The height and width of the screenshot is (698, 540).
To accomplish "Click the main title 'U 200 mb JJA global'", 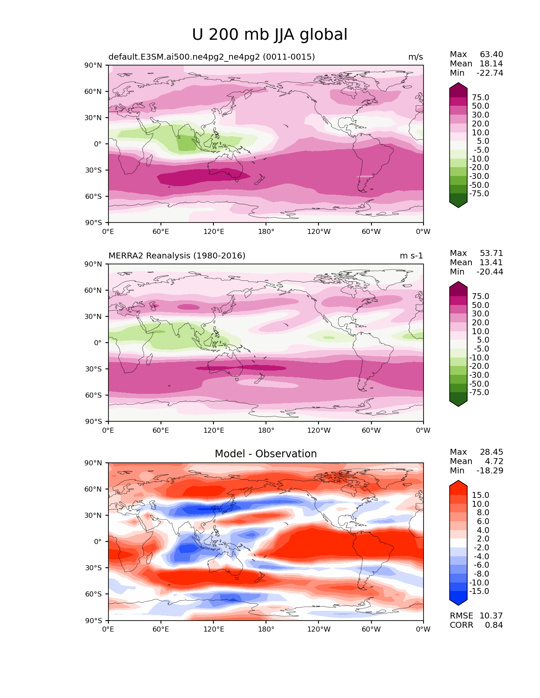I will coord(269,35).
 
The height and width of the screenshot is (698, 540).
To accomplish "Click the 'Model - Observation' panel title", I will coord(266,454).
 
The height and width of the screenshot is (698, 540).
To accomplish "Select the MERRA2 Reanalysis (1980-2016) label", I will coord(177,256).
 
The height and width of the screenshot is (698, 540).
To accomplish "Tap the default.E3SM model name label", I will coord(211,57).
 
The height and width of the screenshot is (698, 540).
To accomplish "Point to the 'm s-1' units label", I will coord(411,256).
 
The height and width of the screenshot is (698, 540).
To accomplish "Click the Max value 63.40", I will coord(491,55).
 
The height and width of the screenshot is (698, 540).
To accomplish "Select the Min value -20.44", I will coord(490,272).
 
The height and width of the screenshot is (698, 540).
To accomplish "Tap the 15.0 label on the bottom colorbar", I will coord(480,495).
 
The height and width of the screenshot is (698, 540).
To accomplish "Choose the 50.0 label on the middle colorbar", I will coord(480,305).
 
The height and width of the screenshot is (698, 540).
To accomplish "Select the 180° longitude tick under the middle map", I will coord(266,431).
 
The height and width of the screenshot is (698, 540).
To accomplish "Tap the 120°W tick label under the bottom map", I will coord(318,629).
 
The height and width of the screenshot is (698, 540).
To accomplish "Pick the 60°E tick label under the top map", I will coord(161,232).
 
